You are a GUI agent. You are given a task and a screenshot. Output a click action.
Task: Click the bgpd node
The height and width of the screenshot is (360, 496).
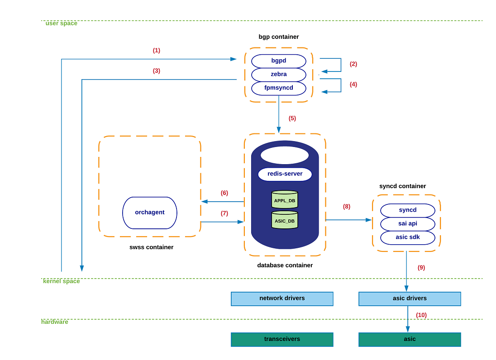(279, 61)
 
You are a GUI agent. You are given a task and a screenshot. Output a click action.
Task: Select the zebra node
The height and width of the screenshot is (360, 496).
(279, 74)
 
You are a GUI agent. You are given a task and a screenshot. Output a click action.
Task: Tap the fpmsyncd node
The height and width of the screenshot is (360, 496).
(279, 88)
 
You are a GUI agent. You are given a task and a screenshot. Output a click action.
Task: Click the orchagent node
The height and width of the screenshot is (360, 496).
(150, 213)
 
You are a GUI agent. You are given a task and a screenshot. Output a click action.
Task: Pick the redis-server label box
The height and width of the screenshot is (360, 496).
(285, 174)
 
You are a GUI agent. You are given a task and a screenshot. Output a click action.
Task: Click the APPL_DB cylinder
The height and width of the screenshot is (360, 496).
(285, 200)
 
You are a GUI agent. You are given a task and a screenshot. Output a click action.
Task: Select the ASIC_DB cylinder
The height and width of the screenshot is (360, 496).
(285, 220)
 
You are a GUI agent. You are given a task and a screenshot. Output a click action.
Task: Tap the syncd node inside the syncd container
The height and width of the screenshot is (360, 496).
(408, 210)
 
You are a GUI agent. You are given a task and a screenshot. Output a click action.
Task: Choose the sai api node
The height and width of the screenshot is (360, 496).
(408, 224)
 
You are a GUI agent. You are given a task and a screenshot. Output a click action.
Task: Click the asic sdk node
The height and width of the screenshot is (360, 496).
(408, 237)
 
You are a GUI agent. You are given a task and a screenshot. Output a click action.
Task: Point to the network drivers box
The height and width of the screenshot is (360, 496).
(282, 298)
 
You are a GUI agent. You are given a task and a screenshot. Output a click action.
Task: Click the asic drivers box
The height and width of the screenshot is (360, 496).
(410, 298)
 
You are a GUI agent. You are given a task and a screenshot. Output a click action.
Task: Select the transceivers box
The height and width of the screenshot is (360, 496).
(282, 339)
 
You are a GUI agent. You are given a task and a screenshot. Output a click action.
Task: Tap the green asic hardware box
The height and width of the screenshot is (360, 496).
(410, 339)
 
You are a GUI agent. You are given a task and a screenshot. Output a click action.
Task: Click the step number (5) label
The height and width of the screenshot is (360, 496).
(292, 118)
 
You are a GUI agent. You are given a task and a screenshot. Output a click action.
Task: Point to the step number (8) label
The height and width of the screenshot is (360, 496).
(347, 207)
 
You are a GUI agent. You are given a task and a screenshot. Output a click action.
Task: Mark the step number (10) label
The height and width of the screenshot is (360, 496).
(421, 315)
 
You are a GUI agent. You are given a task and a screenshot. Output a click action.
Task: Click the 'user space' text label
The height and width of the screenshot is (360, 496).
(61, 24)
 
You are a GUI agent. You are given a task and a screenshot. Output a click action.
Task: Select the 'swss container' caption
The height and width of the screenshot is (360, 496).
(151, 247)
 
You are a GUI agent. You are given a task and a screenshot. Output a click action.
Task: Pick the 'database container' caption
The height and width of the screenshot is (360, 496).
(285, 265)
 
